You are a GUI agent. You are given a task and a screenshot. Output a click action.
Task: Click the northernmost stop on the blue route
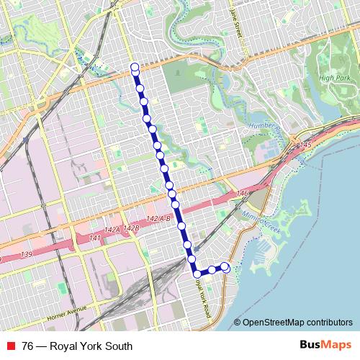click(135, 68)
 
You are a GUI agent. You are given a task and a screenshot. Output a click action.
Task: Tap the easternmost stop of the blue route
click(225, 267)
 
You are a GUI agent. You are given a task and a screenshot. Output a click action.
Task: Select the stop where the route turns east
click(197, 273)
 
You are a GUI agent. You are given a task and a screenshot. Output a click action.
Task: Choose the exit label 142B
click(130, 228)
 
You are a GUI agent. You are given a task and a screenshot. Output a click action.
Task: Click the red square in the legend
click(10, 346)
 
